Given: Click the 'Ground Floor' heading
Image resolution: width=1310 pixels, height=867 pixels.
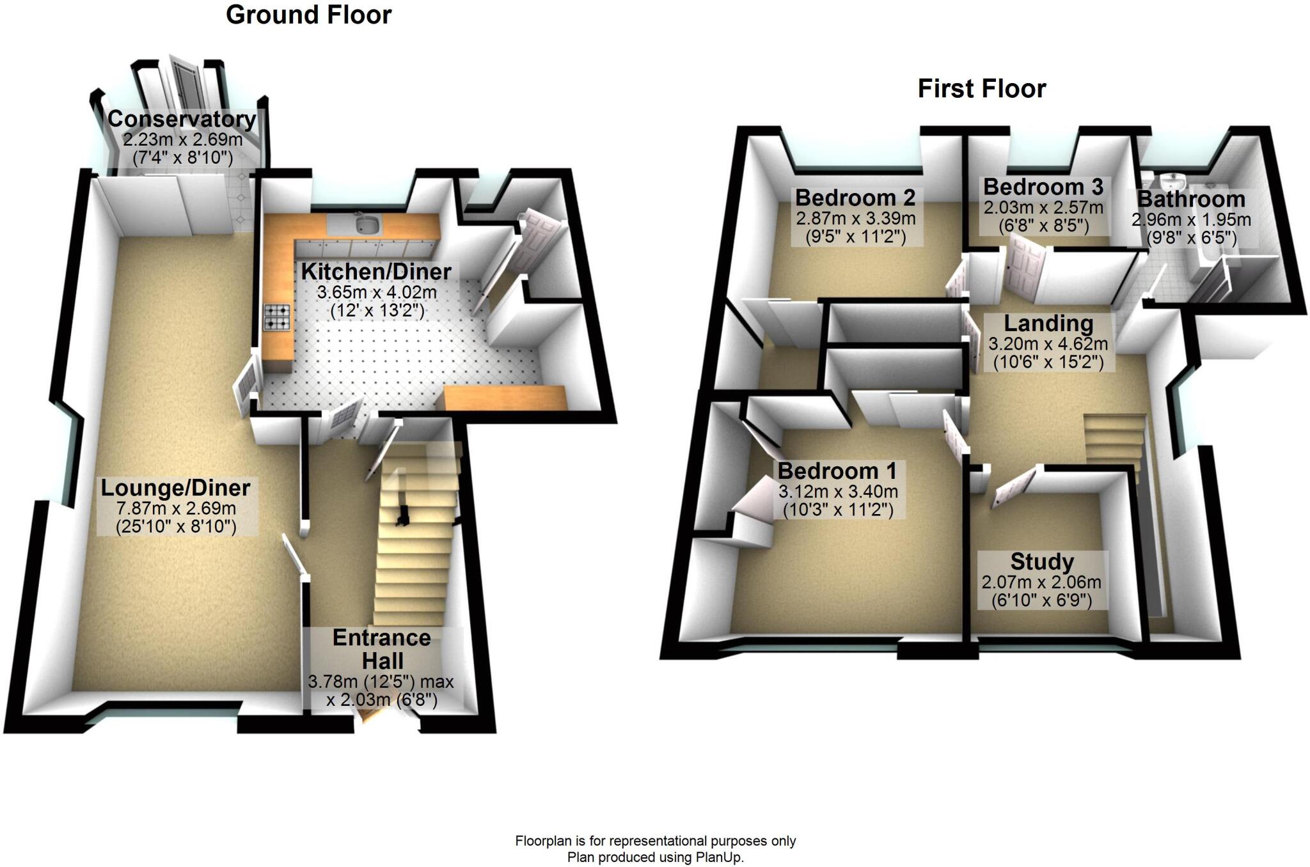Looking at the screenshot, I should pyautogui.click(x=308, y=15).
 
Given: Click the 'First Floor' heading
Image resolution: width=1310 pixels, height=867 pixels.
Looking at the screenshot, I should pyautogui.click(x=981, y=88).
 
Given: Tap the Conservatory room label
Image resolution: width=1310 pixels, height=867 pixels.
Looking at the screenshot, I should pyautogui.click(x=182, y=119).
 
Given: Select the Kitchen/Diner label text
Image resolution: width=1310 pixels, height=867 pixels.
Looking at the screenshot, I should pyautogui.click(x=376, y=272).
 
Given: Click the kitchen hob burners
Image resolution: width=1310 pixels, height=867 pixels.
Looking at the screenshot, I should pyautogui.click(x=277, y=316).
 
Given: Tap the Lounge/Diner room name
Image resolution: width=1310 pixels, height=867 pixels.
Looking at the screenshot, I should pyautogui.click(x=175, y=488).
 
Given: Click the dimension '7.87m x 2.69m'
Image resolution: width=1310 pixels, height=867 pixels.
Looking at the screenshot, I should pyautogui.click(x=176, y=509).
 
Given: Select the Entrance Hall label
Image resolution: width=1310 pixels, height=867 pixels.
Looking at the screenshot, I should pyautogui.click(x=381, y=648).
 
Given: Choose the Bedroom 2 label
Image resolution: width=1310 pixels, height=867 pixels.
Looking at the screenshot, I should pyautogui.click(x=855, y=198).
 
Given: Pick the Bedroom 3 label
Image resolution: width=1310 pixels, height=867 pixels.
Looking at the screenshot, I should pyautogui.click(x=1043, y=187).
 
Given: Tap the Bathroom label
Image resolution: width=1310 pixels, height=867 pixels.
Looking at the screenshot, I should pyautogui.click(x=1191, y=199).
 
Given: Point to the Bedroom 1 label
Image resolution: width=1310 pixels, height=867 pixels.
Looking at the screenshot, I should pyautogui.click(x=837, y=471).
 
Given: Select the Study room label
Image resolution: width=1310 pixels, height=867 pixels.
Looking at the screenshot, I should pyautogui.click(x=1041, y=561).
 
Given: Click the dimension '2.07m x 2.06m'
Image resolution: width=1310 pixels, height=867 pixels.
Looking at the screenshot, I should pyautogui.click(x=1041, y=582).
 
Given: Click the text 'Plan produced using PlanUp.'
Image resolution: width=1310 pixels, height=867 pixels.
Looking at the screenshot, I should pyautogui.click(x=656, y=857).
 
